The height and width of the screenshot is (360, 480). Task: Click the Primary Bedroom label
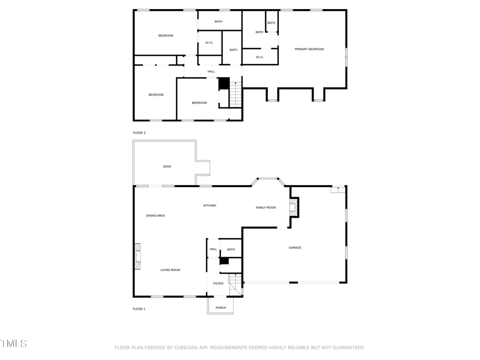[x=309, y=49]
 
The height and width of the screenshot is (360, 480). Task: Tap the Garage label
[x=295, y=247]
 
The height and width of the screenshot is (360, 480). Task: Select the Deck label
[x=167, y=166]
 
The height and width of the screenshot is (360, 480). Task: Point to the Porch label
[x=221, y=308]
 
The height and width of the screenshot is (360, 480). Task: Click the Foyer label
[x=218, y=283]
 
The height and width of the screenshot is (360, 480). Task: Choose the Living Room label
[x=170, y=270]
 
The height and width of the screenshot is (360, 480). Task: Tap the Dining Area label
[x=156, y=215]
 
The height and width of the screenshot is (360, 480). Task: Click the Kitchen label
[x=210, y=205]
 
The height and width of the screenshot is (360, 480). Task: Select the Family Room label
[x=266, y=207]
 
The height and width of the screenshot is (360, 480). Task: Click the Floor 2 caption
[x=139, y=132]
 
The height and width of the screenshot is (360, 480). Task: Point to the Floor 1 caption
[x=139, y=309]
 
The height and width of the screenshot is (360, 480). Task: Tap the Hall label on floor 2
[x=211, y=71]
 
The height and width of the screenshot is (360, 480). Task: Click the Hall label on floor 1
[x=213, y=249]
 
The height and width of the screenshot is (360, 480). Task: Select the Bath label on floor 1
[x=231, y=249]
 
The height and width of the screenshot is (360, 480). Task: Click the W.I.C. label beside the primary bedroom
[x=260, y=57]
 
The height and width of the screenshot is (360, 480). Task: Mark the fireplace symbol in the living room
[x=138, y=255]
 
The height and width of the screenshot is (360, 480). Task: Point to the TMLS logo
[x=13, y=343]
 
